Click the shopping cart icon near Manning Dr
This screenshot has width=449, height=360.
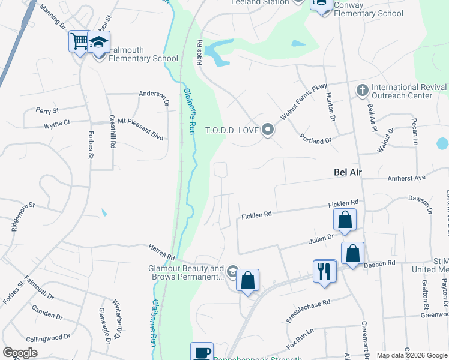(79, 41)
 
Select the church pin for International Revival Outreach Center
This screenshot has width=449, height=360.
(361, 91)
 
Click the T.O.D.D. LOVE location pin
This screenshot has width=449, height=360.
(268, 130)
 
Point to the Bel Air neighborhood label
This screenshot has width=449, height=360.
(350, 172)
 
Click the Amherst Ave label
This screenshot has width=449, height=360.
(406, 178)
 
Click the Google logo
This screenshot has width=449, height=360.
(20, 352)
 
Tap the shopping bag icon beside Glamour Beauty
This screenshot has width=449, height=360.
(247, 280)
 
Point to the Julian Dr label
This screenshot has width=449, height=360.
(322, 238)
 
